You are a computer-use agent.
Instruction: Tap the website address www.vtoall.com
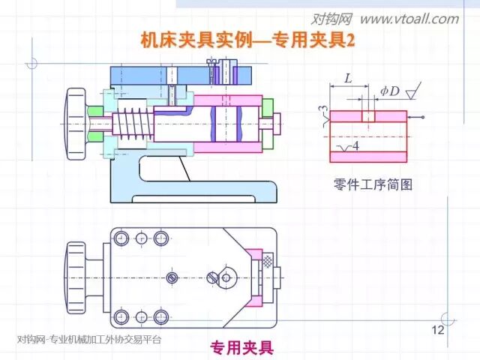point(409,19)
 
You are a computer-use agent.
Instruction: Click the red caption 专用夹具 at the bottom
point(241,347)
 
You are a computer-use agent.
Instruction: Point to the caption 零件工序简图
point(373,183)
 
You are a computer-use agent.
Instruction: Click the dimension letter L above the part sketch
point(348,78)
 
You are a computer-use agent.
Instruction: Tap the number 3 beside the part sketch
point(323,112)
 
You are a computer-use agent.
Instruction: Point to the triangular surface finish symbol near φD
point(411,92)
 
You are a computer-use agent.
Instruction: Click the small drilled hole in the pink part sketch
point(367,116)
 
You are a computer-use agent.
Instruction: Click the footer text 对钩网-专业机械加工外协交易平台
point(89,339)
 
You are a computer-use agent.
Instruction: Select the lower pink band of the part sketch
point(367,157)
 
